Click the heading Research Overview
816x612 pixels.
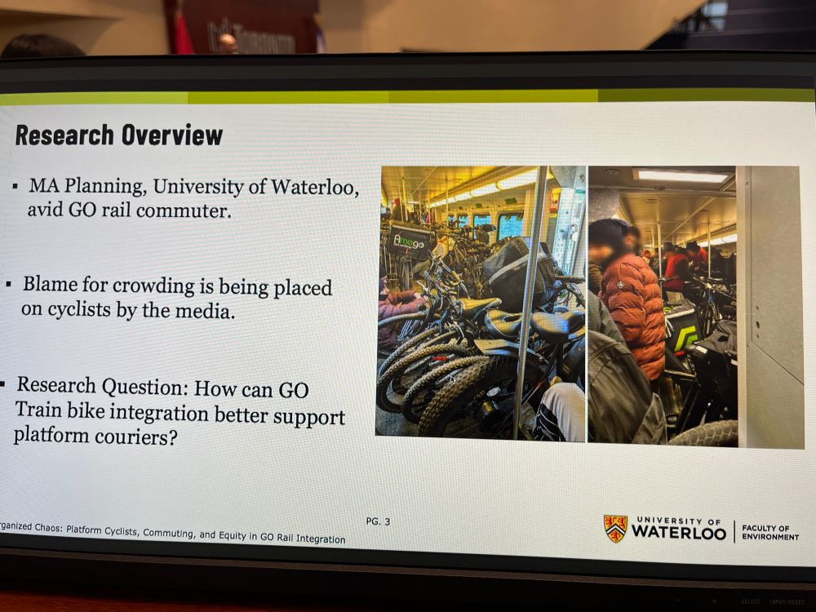pyautogui.click(x=119, y=135)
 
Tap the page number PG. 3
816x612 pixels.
pyautogui.click(x=377, y=521)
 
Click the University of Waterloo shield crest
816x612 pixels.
pyautogui.click(x=615, y=528)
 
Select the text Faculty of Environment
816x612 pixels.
pyautogui.click(x=770, y=532)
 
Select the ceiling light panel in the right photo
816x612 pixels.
pyautogui.click(x=682, y=175)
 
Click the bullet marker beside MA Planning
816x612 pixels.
pyautogui.click(x=16, y=186)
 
